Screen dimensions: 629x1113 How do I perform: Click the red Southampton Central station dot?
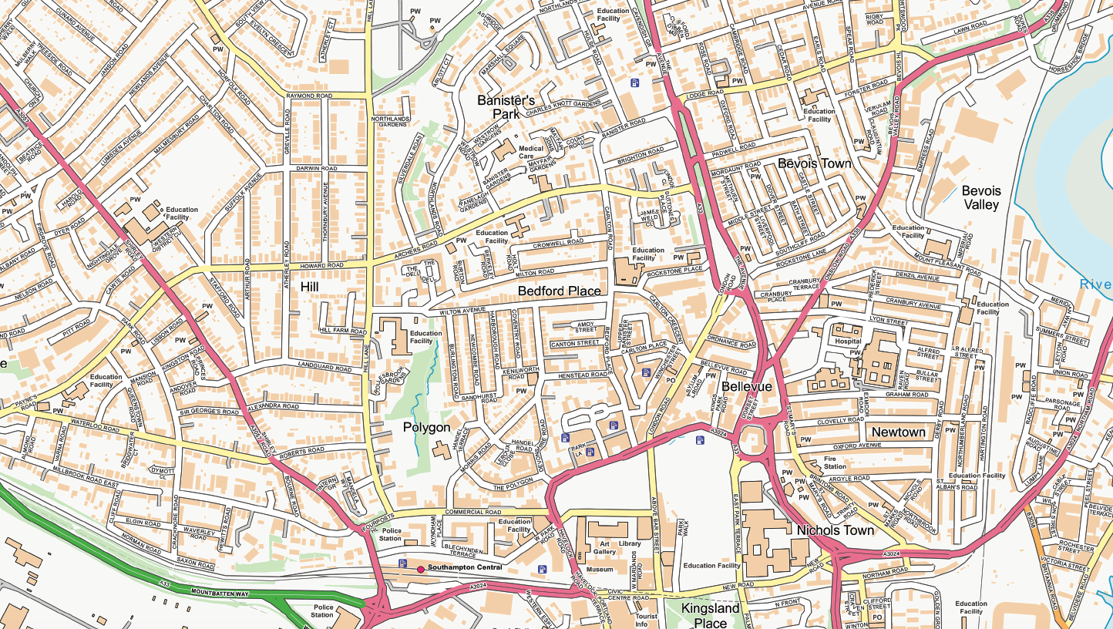pyautogui.click(x=420, y=569)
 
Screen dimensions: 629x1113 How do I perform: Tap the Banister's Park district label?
pyautogui.click(x=506, y=107)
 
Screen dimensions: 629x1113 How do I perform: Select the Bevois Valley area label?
pyautogui.click(x=980, y=197)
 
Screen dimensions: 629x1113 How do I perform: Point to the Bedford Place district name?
pyautogui.click(x=559, y=291)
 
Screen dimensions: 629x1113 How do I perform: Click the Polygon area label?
pyautogui.click(x=426, y=427)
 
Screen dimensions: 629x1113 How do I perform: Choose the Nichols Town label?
pyautogui.click(x=836, y=530)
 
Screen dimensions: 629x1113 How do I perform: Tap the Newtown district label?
pyautogui.click(x=898, y=432)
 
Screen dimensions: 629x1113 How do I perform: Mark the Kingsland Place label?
pyautogui.click(x=710, y=615)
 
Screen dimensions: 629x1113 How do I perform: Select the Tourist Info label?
pyautogui.click(x=646, y=621)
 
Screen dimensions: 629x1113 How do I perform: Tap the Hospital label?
pyautogui.click(x=848, y=340)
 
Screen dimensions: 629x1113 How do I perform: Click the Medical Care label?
pyautogui.click(x=531, y=152)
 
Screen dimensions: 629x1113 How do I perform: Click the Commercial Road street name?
pyautogui.click(x=473, y=512)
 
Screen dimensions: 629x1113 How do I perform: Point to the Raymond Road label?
pyautogui.click(x=309, y=96)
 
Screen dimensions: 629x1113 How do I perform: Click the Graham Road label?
pyautogui.click(x=907, y=395)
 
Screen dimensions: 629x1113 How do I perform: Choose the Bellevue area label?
pyautogui.click(x=747, y=386)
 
